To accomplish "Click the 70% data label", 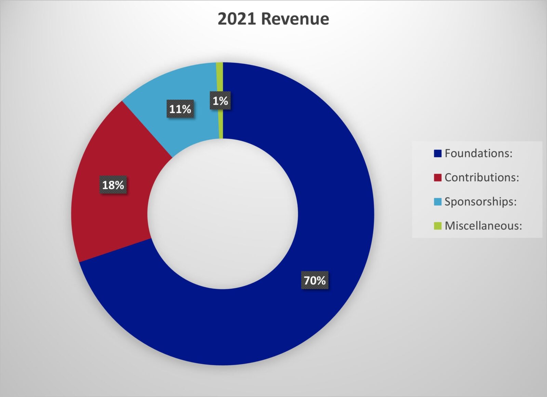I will [315, 280].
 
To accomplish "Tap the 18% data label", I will [113, 185].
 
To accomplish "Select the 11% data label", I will [180, 109].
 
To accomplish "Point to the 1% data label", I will [220, 101].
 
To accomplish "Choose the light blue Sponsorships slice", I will [185, 85].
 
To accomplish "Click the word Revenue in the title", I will [295, 19].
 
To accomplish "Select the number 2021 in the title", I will [237, 19].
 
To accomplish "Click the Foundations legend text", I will [478, 153].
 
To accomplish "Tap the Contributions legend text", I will [482, 177].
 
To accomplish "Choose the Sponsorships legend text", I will [480, 202].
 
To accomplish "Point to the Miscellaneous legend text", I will [483, 226].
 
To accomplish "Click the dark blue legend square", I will [438, 153].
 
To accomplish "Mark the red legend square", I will [438, 177].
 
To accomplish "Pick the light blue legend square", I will [438, 202].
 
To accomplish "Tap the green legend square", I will [438, 226].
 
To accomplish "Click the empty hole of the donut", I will [223, 214].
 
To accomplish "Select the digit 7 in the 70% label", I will [307, 280].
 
